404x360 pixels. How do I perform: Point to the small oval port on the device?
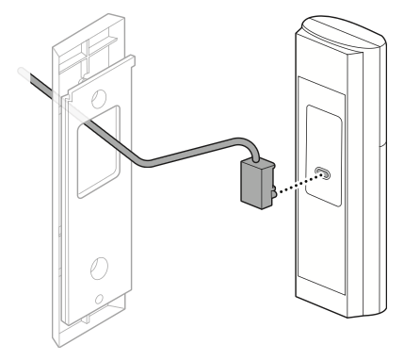pos(323,173)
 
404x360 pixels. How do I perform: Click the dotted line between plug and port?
pos(295,183)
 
